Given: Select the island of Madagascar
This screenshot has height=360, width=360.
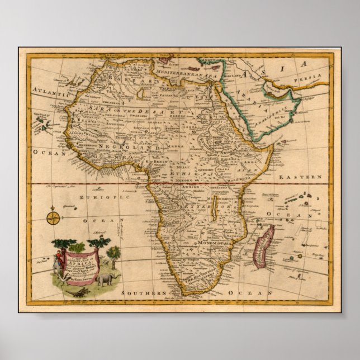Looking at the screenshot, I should [263, 246].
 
